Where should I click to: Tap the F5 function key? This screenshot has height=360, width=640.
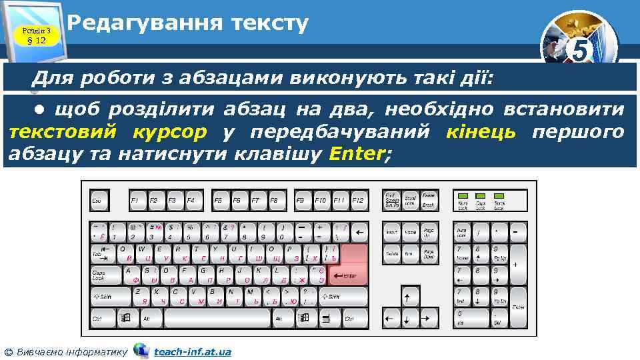coord(218,200)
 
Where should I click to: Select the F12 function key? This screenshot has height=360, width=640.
coord(359,200)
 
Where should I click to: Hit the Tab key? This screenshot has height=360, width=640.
coord(103,253)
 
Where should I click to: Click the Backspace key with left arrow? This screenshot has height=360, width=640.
coord(359,232)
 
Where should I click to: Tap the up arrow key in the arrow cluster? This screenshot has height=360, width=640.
coord(411,295)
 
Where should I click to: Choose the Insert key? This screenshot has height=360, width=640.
coord(392,232)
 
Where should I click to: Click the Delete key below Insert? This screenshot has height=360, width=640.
coord(392,254)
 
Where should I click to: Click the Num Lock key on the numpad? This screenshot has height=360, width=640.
coord(462,232)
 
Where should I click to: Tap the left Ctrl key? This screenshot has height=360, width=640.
coord(101,318)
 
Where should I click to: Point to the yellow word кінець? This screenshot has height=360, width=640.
coord(482,131)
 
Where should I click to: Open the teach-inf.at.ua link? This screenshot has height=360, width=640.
coord(193,351)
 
